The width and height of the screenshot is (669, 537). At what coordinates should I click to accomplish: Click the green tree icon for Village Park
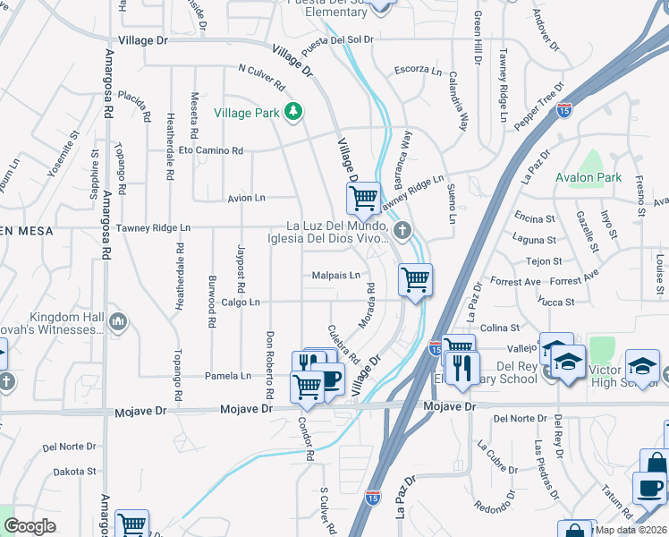click(292, 112)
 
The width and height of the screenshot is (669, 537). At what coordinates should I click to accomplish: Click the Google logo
click(30, 526)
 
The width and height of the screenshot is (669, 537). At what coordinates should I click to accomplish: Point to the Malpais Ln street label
click(335, 276)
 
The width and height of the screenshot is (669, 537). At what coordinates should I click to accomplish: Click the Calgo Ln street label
click(241, 303)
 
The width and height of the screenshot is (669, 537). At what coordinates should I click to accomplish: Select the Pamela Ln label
click(228, 376)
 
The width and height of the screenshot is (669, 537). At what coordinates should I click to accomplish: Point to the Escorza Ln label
click(418, 70)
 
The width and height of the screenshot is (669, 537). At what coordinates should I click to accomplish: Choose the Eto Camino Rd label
click(211, 151)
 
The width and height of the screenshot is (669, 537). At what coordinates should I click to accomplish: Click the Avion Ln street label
click(246, 197)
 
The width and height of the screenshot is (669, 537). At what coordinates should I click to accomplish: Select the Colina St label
click(505, 328)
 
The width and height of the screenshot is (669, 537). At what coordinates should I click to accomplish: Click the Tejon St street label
click(544, 260)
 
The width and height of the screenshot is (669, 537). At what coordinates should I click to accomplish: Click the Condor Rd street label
click(307, 439)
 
